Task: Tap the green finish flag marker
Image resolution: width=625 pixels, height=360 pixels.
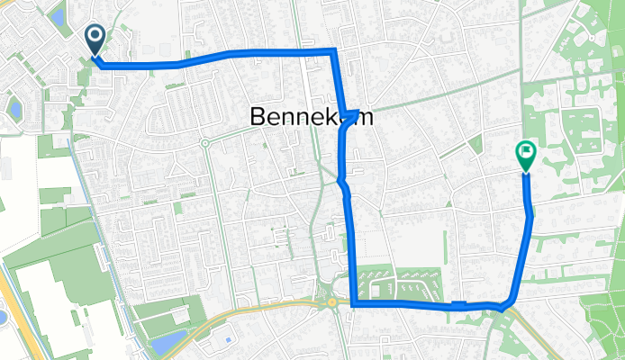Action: tap(525, 155)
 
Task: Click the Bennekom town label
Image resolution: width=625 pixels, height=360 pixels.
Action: tap(310, 117)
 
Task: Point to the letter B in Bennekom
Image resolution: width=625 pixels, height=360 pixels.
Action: tap(254, 117)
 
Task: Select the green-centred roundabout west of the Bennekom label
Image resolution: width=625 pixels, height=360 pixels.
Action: tap(205, 142)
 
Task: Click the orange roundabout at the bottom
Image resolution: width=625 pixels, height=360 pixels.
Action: tap(332, 303)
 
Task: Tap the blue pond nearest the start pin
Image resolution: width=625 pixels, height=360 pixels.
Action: tap(59, 15)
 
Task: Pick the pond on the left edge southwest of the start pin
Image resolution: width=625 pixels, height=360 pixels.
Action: tap(15, 110)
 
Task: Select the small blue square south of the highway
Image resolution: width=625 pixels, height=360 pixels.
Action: tap(228, 340)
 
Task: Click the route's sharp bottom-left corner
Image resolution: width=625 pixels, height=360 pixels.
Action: tap(353, 305)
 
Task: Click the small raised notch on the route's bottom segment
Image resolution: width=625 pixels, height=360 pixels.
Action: tap(459, 303)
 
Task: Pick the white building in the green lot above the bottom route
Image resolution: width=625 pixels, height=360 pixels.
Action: tap(376, 290)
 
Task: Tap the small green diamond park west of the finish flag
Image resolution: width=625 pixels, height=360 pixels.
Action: tap(474, 143)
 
